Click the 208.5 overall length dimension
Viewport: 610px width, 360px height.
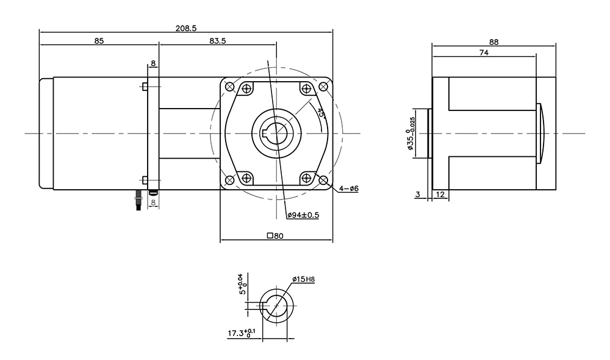(186, 28)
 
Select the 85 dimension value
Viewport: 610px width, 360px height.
(99, 40)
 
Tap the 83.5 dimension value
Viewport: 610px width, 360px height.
(218, 40)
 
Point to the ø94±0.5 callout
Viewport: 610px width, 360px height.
(303, 215)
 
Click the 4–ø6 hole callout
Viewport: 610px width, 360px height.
(348, 189)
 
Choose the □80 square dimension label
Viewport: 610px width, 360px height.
(275, 236)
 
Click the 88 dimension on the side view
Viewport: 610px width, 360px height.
(493, 42)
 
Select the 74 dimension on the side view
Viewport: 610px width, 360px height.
(484, 52)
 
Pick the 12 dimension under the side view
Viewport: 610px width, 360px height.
(440, 194)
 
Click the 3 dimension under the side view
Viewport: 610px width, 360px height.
(418, 194)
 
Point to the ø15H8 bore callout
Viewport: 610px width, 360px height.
(303, 279)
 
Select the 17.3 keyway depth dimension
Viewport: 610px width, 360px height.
(242, 333)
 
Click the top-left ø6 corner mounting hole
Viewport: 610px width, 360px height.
(230, 87)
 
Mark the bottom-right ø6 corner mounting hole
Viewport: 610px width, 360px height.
(323, 180)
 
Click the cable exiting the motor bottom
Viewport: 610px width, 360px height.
(138, 200)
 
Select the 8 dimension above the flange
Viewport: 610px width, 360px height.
(153, 63)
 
